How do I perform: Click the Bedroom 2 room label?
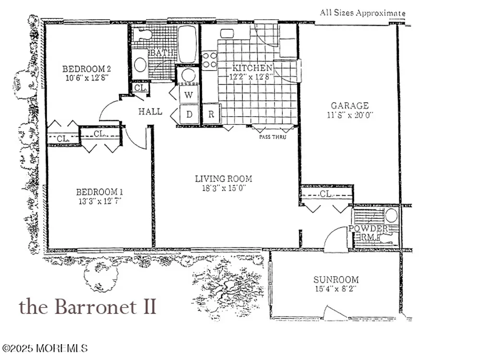point(86,69)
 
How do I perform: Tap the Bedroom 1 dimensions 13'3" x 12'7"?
point(99,201)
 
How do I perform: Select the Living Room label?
point(224,179)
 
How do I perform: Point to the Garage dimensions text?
point(350,115)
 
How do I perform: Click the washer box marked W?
point(189,95)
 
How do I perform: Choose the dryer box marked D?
point(189,114)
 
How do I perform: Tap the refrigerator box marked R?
point(211,114)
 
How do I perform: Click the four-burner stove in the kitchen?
point(210,60)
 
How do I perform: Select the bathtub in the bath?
point(187,44)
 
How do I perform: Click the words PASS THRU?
point(273,137)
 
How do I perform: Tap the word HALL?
point(150,111)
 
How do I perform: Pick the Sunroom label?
point(336,279)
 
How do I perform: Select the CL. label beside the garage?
point(326,194)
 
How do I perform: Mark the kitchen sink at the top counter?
point(227,34)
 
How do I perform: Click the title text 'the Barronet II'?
point(87,306)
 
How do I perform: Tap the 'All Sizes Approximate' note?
point(363,13)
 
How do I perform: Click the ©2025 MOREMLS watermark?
point(45,348)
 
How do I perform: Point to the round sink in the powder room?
point(391,215)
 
